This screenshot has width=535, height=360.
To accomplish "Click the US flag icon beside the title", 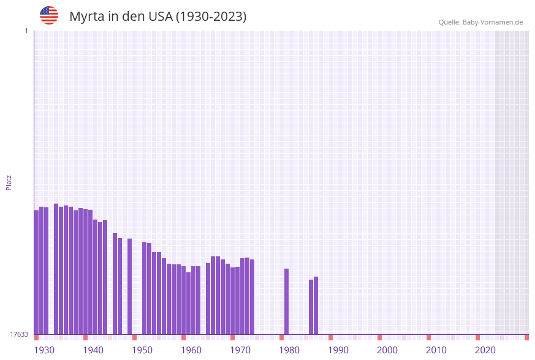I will tap(49, 15).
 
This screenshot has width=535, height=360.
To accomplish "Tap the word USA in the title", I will tap(161, 17).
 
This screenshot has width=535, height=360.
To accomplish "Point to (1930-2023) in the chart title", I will tap(211, 17).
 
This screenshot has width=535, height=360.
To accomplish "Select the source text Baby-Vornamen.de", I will tap(493, 22).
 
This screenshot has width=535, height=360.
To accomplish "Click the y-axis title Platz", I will tap(9, 182).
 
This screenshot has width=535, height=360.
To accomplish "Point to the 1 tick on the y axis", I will tap(26, 31).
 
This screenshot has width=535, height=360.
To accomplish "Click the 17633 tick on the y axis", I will tap(19, 334).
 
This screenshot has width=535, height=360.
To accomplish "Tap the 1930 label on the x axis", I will tap(44, 350).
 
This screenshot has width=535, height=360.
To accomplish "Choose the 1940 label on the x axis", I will tap(93, 350).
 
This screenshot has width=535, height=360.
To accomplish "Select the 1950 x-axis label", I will tap(142, 350).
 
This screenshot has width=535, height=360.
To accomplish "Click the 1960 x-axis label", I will tap(191, 350).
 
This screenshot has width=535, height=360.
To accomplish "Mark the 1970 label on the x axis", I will tap(240, 350).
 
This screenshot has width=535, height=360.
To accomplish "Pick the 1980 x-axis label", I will tap(289, 350).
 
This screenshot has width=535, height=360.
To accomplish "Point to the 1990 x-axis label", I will tap(338, 350).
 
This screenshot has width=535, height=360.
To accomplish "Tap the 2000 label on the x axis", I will tap(387, 350).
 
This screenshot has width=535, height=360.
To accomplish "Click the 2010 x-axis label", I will tap(436, 350).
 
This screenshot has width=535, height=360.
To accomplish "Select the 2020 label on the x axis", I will tap(485, 350).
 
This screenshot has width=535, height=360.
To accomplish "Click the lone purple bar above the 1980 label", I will tap(286, 301).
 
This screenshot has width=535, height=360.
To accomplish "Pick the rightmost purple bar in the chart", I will tap(316, 305).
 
